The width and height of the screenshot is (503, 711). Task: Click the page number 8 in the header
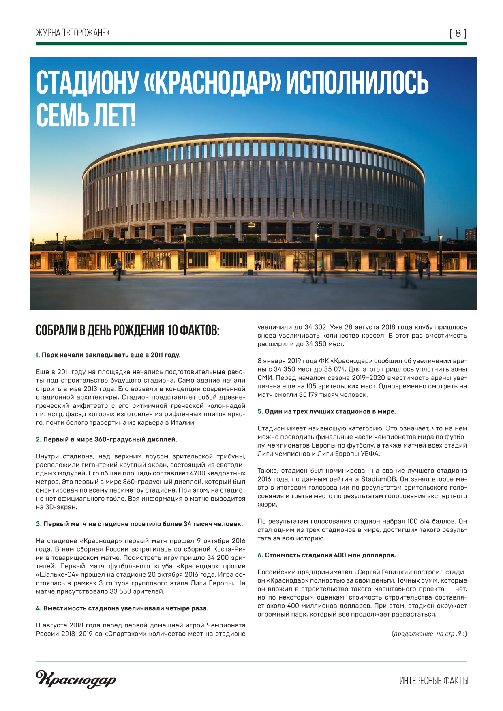[x=458, y=34]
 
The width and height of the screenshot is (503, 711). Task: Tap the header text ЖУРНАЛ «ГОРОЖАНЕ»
[x=73, y=33]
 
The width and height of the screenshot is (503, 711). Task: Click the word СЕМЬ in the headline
[x=63, y=115]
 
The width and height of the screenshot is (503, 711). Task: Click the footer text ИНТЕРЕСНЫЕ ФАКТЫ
[x=434, y=681]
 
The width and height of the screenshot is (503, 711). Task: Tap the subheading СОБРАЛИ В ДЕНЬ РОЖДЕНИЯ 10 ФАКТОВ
[x=128, y=331]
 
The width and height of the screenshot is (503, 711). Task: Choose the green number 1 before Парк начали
[x=38, y=355]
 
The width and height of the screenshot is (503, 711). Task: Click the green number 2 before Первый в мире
[x=39, y=439]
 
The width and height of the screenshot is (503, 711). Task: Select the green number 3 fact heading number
[x=39, y=524]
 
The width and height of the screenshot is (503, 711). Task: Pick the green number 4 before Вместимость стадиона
[x=39, y=608]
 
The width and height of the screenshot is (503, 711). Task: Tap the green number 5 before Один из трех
[x=260, y=411]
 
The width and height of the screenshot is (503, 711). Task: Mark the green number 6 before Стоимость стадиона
[x=260, y=555]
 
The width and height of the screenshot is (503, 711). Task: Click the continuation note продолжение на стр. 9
[x=429, y=634]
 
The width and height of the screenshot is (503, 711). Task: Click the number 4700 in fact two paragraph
[x=198, y=473]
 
